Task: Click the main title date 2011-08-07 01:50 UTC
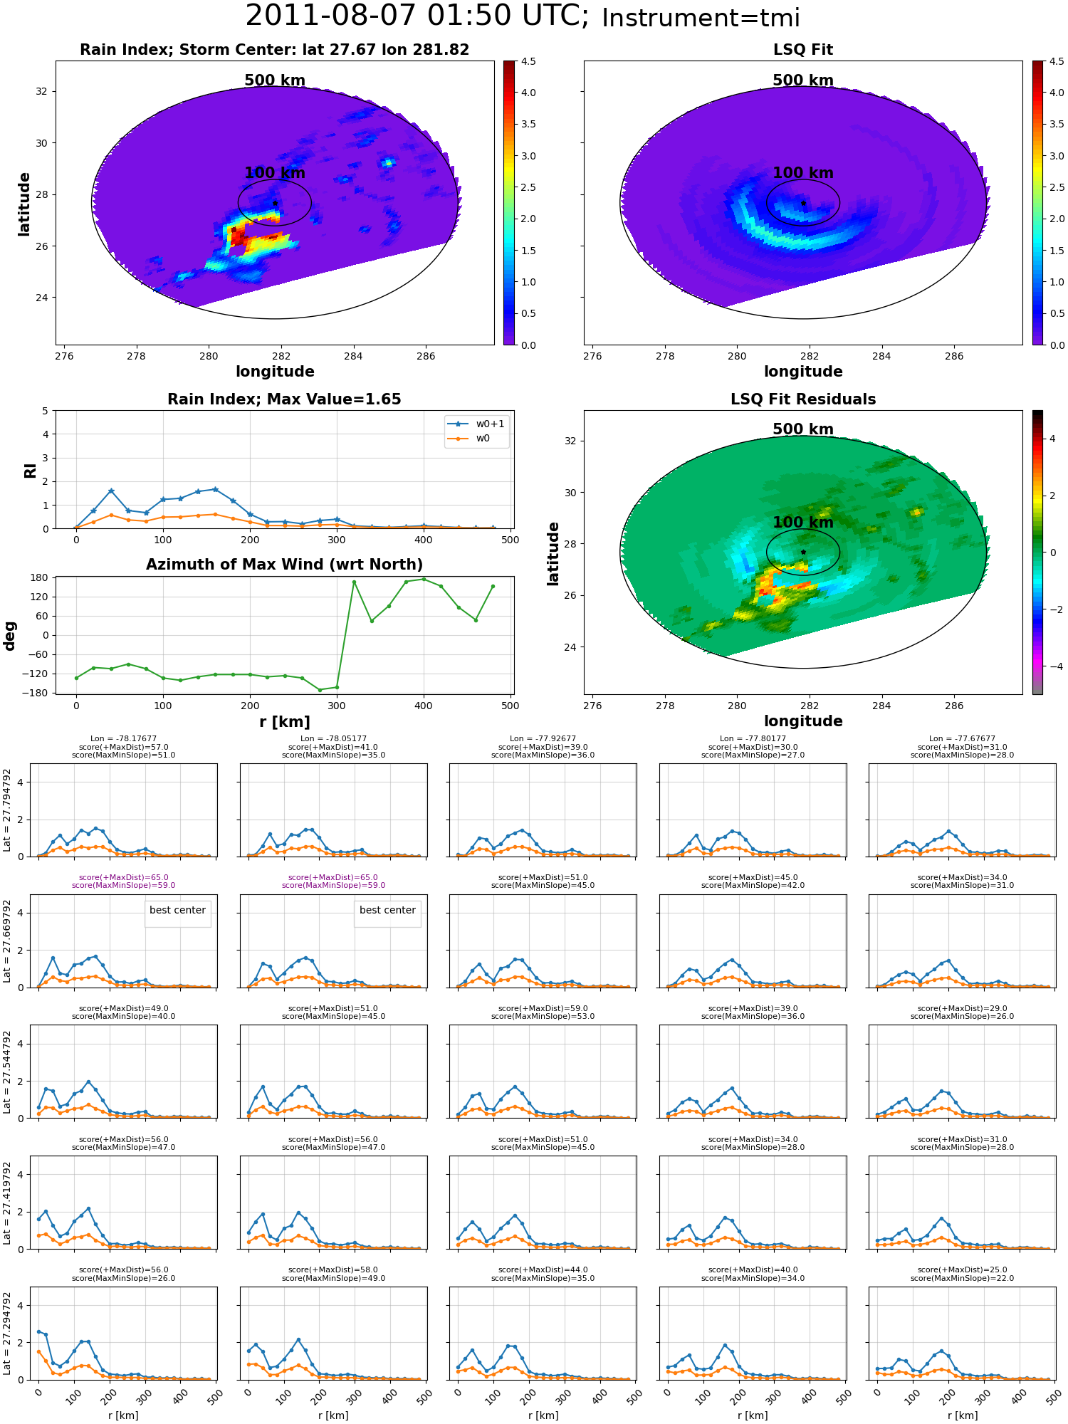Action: (417, 16)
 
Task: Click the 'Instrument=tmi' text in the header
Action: (701, 19)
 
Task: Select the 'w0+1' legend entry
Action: (476, 424)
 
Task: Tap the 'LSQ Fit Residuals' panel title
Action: (803, 399)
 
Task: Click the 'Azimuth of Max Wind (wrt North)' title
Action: (284, 565)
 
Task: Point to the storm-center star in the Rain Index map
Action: (275, 203)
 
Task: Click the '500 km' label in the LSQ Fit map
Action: (803, 80)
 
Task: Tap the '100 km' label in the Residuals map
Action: (803, 523)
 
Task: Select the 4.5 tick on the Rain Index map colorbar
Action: (528, 61)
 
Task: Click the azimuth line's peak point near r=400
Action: (424, 579)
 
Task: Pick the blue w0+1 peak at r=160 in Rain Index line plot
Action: (215, 490)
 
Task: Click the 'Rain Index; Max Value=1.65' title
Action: (284, 399)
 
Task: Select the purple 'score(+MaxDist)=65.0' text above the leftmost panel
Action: (123, 878)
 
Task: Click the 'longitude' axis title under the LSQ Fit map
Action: (803, 372)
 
